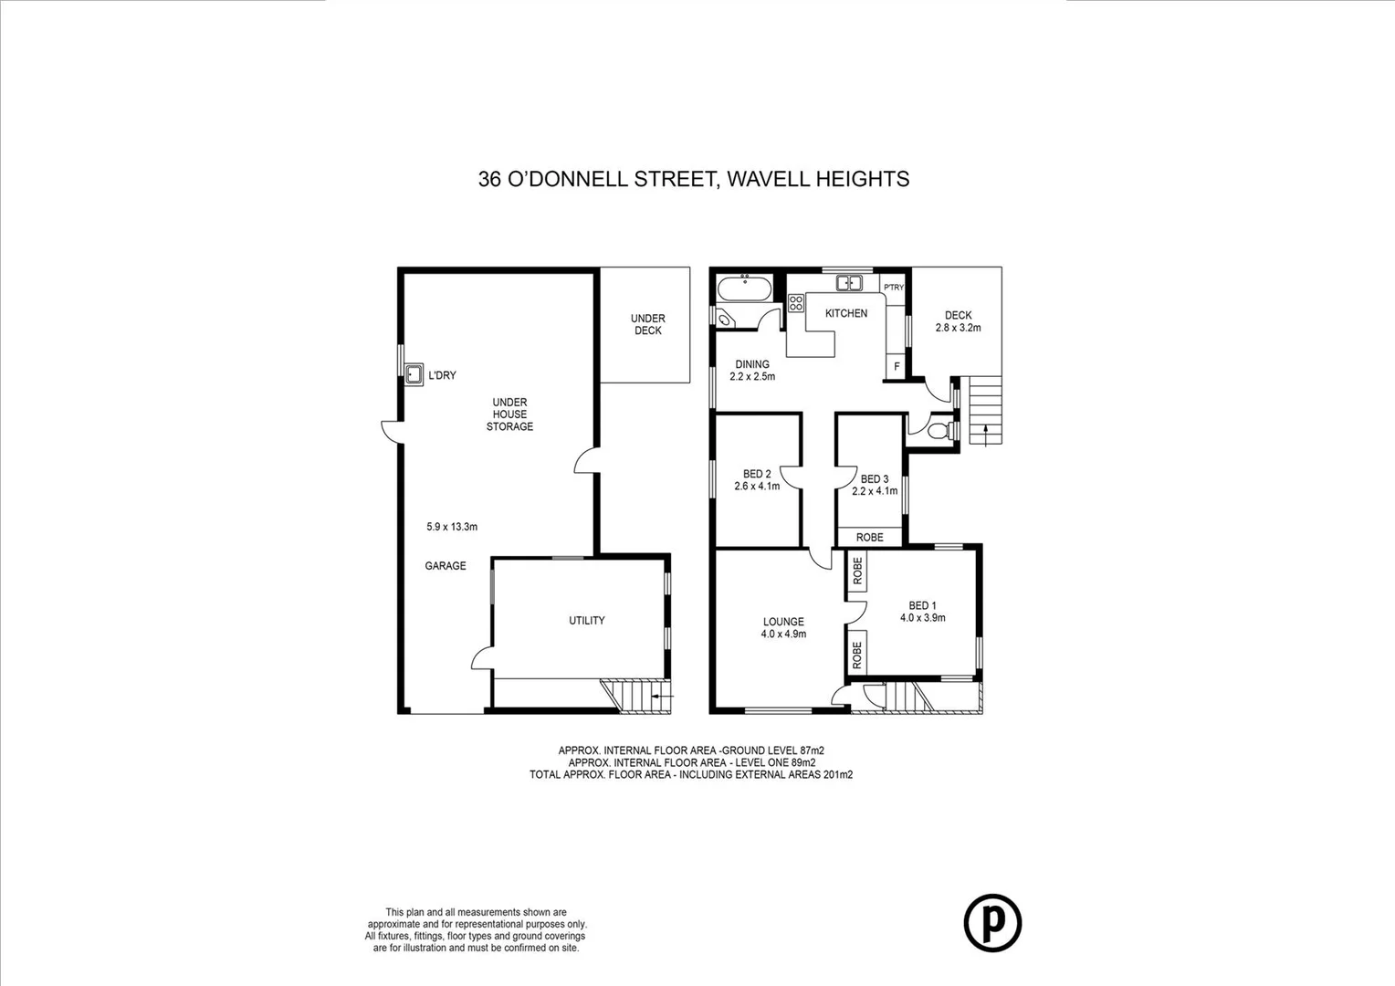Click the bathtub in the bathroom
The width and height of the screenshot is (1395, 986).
744,290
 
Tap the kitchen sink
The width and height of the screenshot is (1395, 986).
850,283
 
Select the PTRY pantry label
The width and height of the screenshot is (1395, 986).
893,288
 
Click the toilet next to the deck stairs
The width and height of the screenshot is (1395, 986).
939,431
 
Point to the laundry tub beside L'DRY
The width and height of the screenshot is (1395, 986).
414,374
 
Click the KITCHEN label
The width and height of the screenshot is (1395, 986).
846,313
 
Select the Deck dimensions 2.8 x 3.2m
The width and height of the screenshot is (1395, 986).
958,328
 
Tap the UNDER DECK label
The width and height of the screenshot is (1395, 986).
647,324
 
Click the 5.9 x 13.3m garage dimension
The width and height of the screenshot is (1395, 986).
452,527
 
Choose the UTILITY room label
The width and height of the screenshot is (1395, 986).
586,621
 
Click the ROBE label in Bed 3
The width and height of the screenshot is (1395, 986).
869,538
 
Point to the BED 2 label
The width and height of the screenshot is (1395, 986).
757,474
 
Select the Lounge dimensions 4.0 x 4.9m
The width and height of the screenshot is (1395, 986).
783,634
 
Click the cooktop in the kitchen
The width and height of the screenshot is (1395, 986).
795,303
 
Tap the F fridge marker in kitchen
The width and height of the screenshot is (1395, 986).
897,367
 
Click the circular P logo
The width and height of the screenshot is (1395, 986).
992,923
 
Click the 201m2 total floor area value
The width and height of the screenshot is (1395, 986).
836,774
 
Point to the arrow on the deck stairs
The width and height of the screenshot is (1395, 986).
986,433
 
